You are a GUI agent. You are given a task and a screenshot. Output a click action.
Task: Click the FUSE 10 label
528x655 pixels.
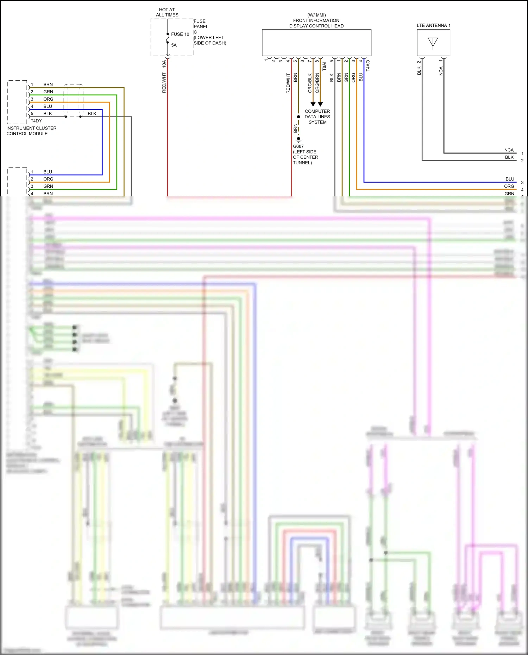pos(180,34)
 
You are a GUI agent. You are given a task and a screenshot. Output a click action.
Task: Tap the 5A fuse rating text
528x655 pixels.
pos(174,45)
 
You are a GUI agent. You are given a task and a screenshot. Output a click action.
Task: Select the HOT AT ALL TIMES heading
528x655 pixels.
pos(167,12)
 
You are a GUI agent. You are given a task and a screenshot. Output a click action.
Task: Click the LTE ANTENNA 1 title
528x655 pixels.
pos(433,25)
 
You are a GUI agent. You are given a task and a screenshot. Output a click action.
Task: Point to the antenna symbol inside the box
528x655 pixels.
pos(433,43)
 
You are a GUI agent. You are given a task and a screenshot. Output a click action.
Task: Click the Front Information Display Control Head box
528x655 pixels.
pos(316,43)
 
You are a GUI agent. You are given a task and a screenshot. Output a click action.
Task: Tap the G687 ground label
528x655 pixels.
pos(298,146)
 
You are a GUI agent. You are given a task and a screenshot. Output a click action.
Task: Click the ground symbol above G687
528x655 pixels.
pos(298,139)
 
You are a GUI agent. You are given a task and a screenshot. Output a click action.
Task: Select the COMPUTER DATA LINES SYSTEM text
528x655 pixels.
pos(317,116)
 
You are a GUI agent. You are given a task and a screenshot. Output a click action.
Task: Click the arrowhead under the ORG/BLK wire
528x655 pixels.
pos(313,104)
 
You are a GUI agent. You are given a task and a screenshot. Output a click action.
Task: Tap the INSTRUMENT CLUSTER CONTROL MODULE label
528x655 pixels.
pos(31,131)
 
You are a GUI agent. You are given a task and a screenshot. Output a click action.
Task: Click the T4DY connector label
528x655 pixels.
pos(36,121)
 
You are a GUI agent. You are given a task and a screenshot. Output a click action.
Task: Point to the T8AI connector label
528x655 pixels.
pos(324,66)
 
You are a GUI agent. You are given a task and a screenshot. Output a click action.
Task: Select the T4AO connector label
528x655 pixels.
pos(368,65)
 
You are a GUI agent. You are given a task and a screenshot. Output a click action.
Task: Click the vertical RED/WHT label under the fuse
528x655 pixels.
pos(164,83)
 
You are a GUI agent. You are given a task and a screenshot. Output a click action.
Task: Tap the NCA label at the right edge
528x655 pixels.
pos(509,150)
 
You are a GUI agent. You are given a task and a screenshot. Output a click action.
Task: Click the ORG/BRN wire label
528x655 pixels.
pos(317,83)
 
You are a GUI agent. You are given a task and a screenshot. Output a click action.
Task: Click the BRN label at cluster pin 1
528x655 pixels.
pos(48,84)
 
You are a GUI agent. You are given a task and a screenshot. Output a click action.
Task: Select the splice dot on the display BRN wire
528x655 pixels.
pos(298,116)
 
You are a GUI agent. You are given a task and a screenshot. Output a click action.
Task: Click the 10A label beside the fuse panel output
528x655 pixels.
pos(164,64)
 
